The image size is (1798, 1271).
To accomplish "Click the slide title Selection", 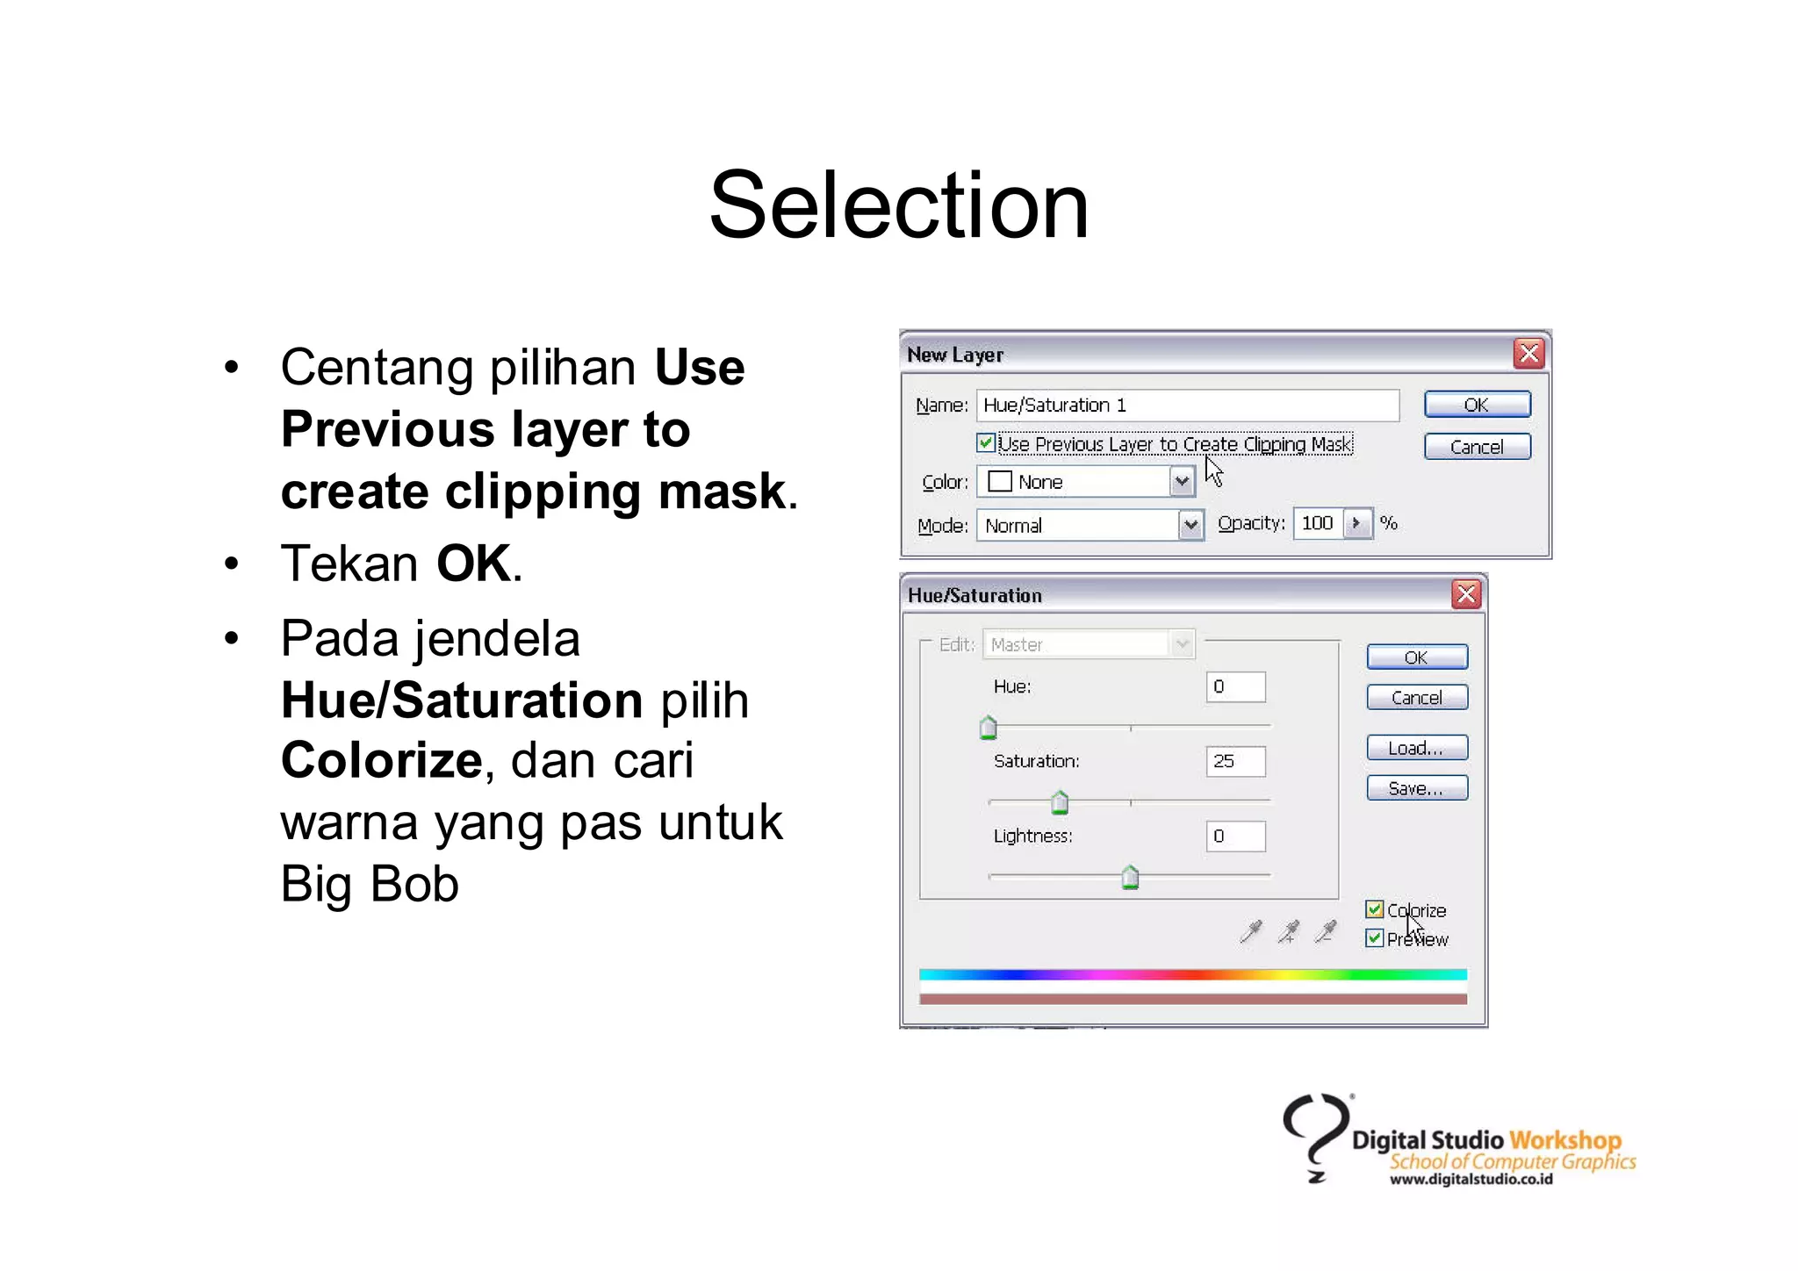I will point(898,206).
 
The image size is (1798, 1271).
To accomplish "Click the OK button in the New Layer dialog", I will point(1477,405).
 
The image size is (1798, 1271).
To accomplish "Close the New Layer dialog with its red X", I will point(1528,354).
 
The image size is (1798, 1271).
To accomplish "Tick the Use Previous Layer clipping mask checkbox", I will point(986,443).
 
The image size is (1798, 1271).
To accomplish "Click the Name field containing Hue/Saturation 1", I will point(1187,406).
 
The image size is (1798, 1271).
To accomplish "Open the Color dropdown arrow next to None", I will point(1182,482).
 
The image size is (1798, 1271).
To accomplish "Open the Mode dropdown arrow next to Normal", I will point(1190,526).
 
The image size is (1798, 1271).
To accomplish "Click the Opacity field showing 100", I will point(1317,524).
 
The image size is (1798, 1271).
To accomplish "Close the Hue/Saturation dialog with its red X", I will point(1466,595).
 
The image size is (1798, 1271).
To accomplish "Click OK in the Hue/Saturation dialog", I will point(1416,657).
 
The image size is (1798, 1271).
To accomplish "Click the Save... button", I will point(1416,788).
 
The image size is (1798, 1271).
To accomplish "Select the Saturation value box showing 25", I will point(1235,761).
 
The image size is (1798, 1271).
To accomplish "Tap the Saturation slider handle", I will point(1060,802).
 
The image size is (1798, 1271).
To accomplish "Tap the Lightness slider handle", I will point(1130,877).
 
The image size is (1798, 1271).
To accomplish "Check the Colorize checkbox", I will point(1375,909).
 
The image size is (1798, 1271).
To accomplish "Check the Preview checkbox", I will point(1375,938).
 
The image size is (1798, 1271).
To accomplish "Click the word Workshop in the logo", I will point(1564,1140).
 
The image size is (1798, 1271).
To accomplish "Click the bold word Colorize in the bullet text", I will point(381,760).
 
